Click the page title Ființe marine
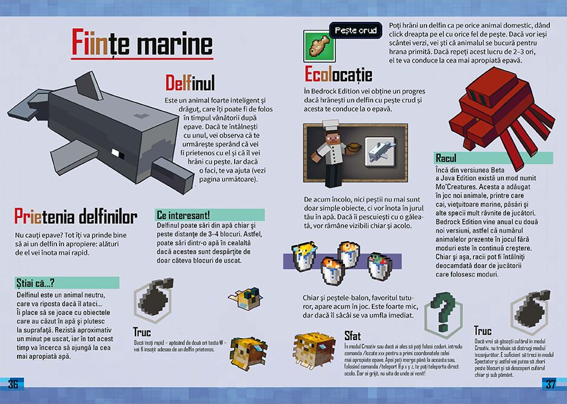tap(142, 43)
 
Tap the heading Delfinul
tap(190, 83)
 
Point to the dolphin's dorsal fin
tap(89, 85)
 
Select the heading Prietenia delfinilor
tap(75, 217)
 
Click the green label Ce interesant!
tap(210, 215)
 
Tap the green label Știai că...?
tap(67, 283)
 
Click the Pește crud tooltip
tap(356, 30)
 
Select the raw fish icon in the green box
tap(319, 46)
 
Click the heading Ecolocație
tap(338, 75)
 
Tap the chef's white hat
tap(331, 125)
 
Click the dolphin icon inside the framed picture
tap(380, 151)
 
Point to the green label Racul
tap(446, 158)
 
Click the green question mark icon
tap(444, 312)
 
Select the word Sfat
tap(352, 336)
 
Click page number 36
tap(13, 384)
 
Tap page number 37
tap(550, 384)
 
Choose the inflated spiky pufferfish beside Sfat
tap(309, 350)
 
